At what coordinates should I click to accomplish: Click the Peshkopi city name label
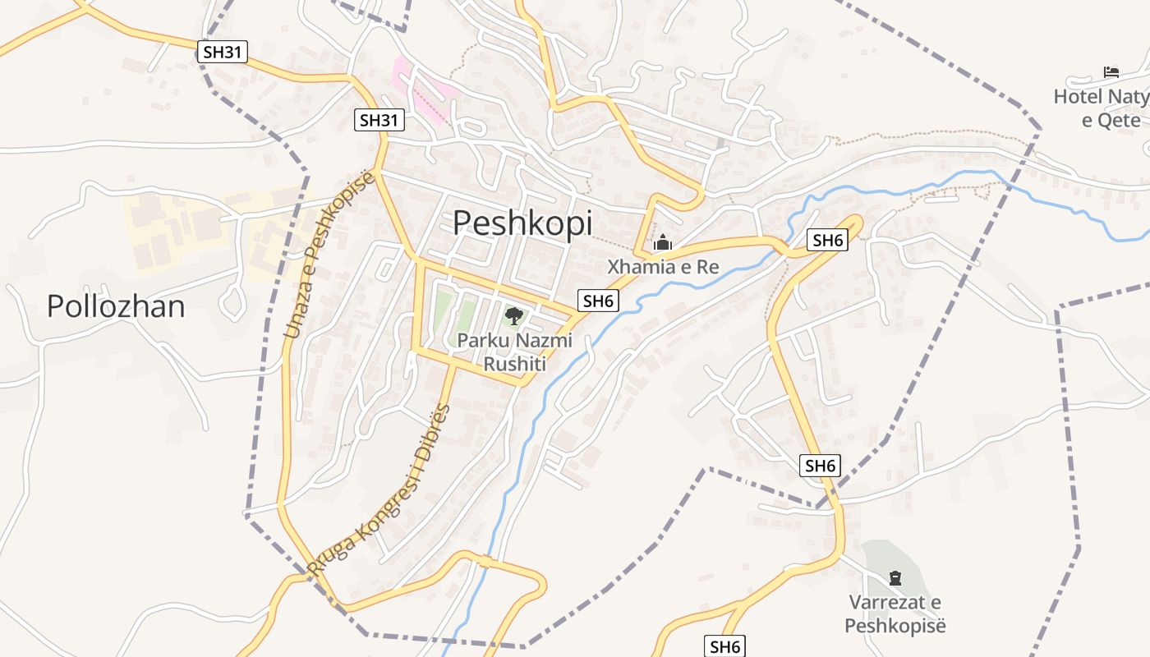[522, 223]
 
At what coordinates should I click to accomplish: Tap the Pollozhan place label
[116, 306]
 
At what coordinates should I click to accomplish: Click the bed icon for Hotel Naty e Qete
[1111, 72]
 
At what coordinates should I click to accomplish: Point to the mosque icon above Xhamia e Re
[662, 243]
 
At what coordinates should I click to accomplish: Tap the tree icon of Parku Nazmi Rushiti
[514, 316]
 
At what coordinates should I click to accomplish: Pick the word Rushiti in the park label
[514, 364]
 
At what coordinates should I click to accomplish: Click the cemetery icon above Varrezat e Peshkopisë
[895, 578]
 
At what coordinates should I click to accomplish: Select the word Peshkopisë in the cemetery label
[895, 626]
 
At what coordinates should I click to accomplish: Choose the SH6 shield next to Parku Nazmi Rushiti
[598, 301]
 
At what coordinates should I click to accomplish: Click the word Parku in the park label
[477, 340]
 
